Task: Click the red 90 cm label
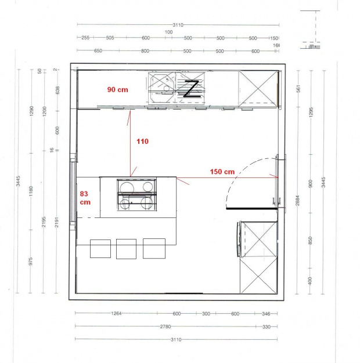pos(117,90)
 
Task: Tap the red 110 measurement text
pos(143,141)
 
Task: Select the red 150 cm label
pos(222,172)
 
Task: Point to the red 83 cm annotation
pos(85,198)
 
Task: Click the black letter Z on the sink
pos(191,88)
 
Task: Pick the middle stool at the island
pos(126,248)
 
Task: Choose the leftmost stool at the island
pos(100,248)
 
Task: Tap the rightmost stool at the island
pos(154,248)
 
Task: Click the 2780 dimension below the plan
pos(165,327)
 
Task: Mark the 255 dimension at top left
pos(85,38)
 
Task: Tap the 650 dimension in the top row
pos(98,51)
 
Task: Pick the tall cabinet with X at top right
pos(258,88)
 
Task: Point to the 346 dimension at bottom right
pos(267,314)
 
